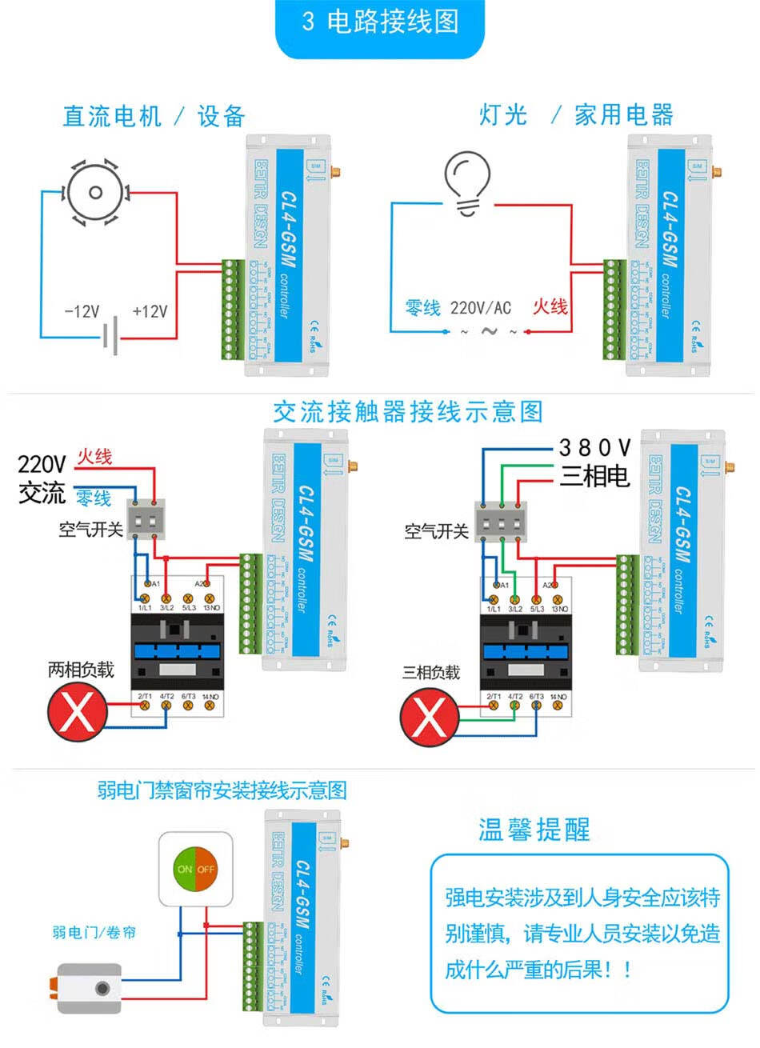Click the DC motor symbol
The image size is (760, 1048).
(x=96, y=192)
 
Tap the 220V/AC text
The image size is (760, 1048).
(x=480, y=308)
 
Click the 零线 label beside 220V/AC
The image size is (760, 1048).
(x=423, y=308)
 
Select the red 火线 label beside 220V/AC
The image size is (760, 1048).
(x=550, y=306)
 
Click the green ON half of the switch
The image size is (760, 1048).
(x=185, y=868)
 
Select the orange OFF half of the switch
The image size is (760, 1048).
(x=206, y=868)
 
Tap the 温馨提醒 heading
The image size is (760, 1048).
(x=534, y=830)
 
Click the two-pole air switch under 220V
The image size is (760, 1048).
(x=146, y=519)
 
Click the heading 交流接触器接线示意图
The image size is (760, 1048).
(x=407, y=412)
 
